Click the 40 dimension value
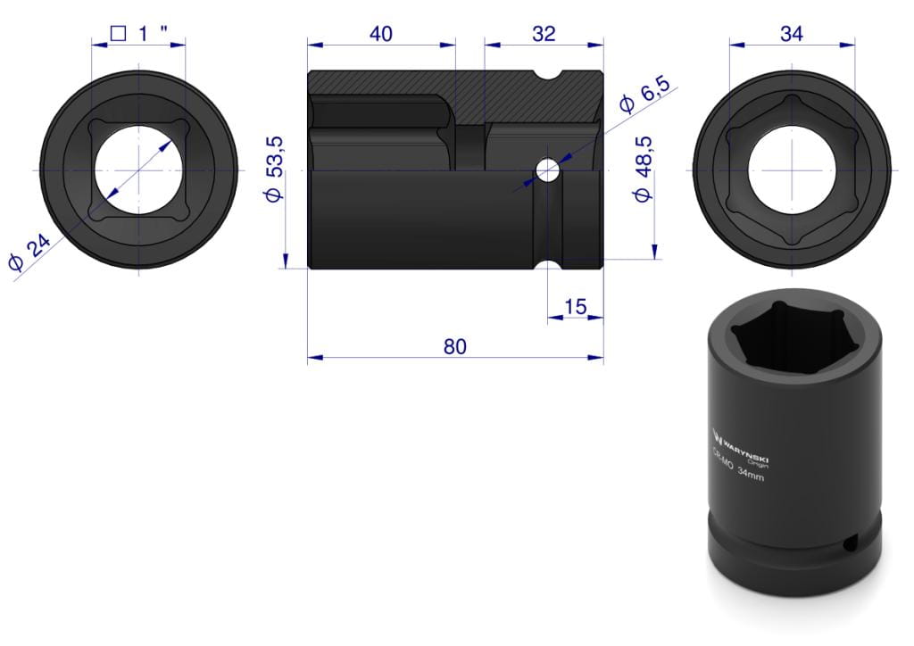380,34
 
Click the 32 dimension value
544,34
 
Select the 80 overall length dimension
454,346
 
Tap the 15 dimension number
576,307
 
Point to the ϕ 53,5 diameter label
274,169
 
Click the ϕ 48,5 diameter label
643,169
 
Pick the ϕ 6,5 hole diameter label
644,94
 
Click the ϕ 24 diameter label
29,253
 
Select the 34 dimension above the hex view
791,34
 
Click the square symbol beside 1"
118,33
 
